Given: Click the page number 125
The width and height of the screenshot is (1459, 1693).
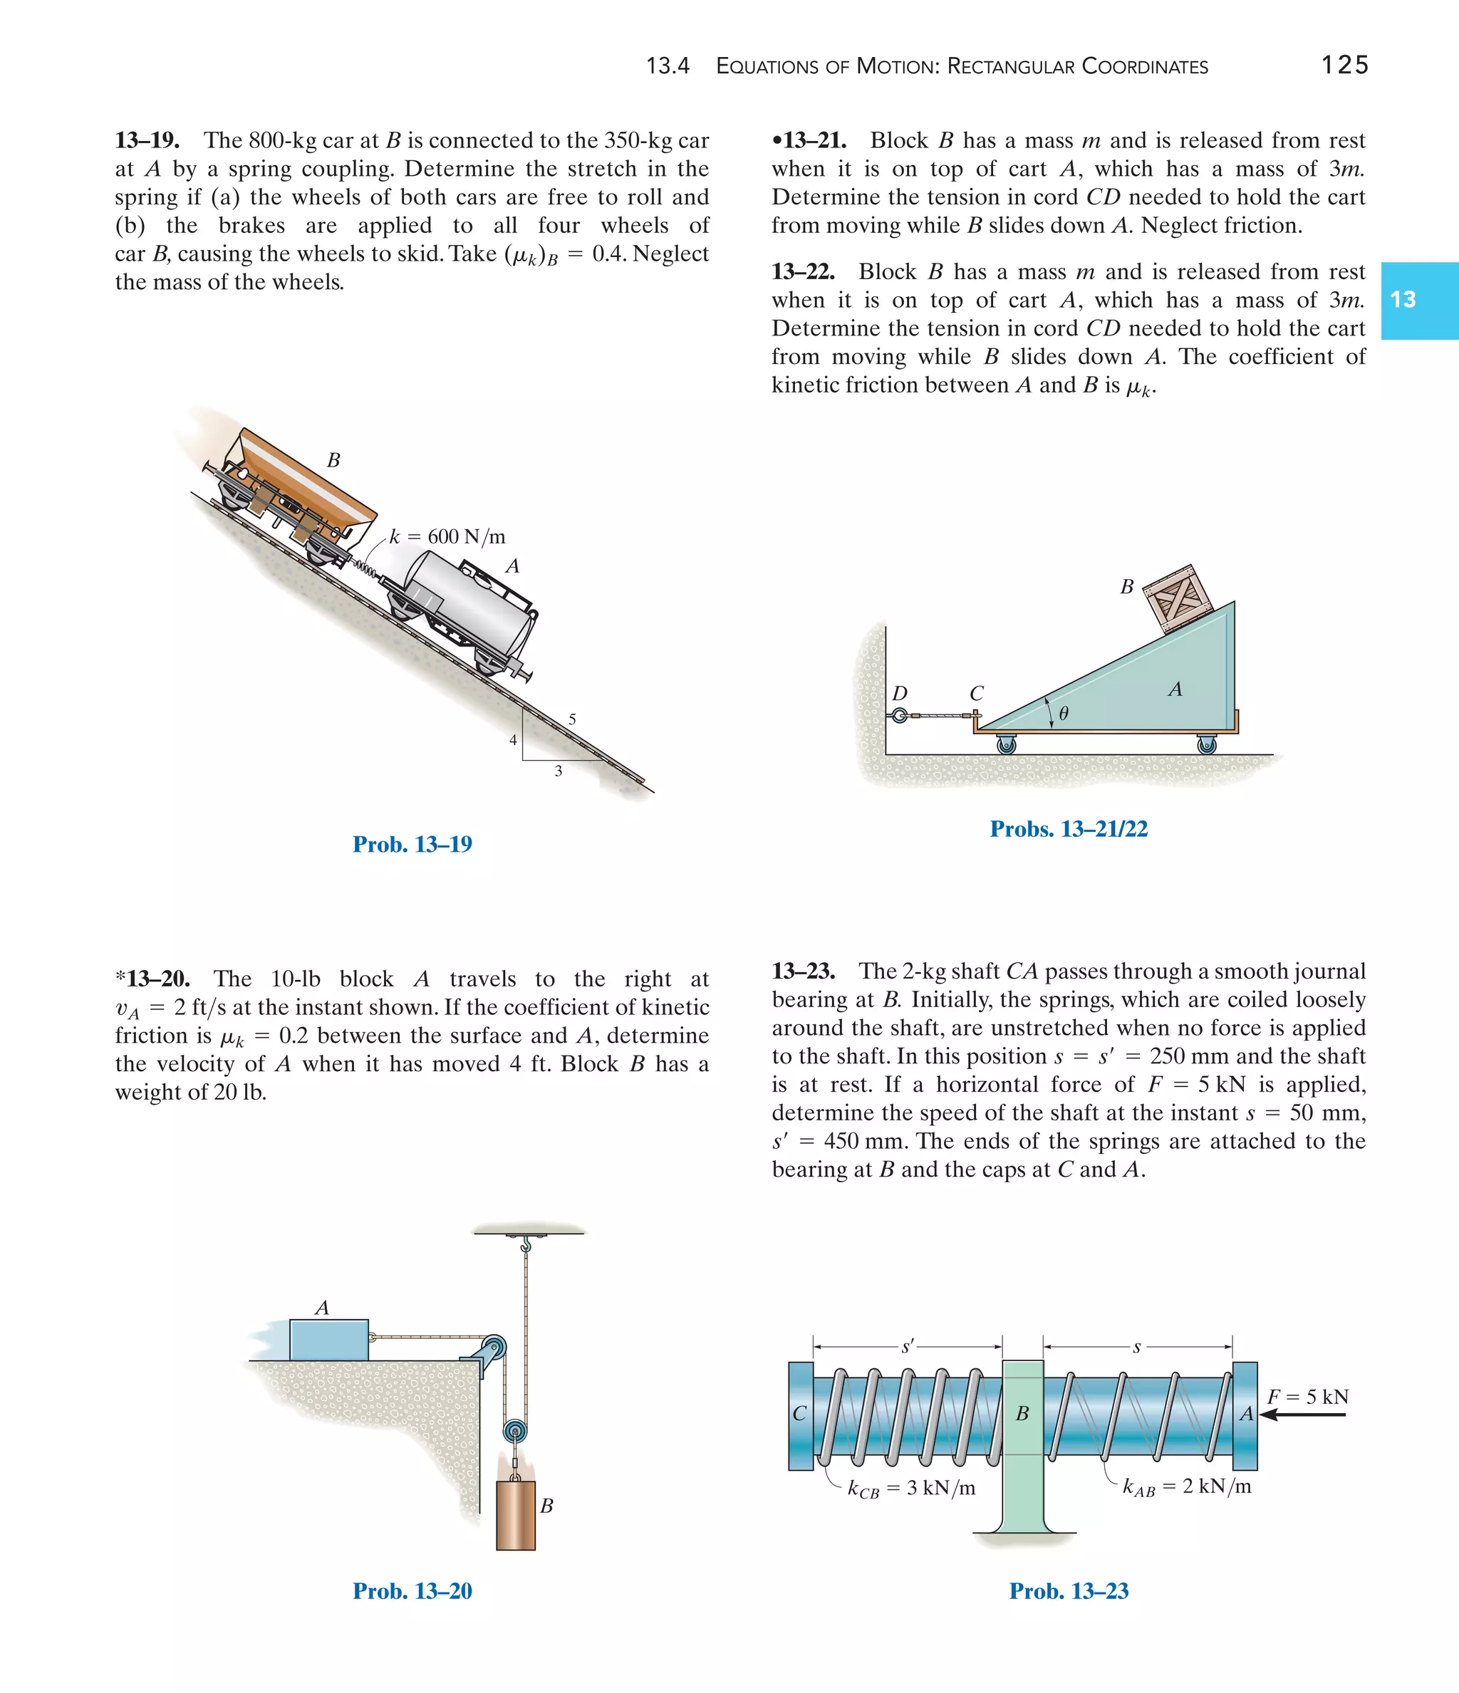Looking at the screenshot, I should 1344,66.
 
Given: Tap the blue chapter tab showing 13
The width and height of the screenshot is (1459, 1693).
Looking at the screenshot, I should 1418,300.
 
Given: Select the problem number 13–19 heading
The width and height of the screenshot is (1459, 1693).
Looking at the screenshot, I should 147,140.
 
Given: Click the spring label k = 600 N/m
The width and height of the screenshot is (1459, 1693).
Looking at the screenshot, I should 447,537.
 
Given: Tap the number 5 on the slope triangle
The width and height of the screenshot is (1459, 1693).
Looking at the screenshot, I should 572,719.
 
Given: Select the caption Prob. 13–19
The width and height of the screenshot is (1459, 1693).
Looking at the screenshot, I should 412,844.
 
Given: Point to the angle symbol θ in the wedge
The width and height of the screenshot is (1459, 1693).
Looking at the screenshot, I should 1064,714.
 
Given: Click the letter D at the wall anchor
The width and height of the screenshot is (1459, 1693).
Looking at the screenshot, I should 899,694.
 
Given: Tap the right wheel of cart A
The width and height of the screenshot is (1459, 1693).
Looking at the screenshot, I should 1206,744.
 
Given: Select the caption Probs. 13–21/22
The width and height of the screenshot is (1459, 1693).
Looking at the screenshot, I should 1069,828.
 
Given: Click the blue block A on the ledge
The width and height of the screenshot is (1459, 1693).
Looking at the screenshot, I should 328,1340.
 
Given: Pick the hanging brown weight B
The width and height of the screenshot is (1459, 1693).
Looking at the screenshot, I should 516,1515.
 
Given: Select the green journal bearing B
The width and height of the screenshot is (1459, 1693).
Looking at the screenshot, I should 1022,1438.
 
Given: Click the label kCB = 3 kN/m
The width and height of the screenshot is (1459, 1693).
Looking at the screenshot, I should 911,1488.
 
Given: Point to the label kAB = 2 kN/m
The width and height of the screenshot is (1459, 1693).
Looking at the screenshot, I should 1187,1486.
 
